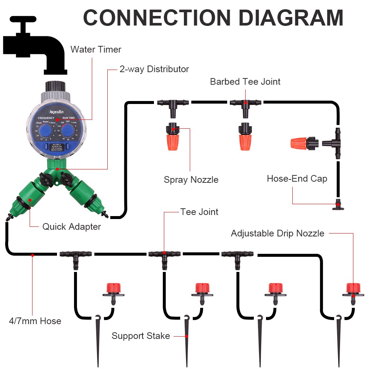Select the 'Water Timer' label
coord(96,49)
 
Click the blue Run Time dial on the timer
coord(67,130)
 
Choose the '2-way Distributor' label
coord(154,69)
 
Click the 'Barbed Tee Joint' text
coord(245,82)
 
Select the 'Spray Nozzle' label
coord(191,180)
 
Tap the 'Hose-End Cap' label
coord(297,179)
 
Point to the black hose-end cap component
coord(337,205)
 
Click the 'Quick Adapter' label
coord(71,226)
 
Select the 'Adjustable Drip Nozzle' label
coord(277,233)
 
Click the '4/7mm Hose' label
coord(35,321)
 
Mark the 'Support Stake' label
coord(141,336)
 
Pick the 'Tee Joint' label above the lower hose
coord(199,212)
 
